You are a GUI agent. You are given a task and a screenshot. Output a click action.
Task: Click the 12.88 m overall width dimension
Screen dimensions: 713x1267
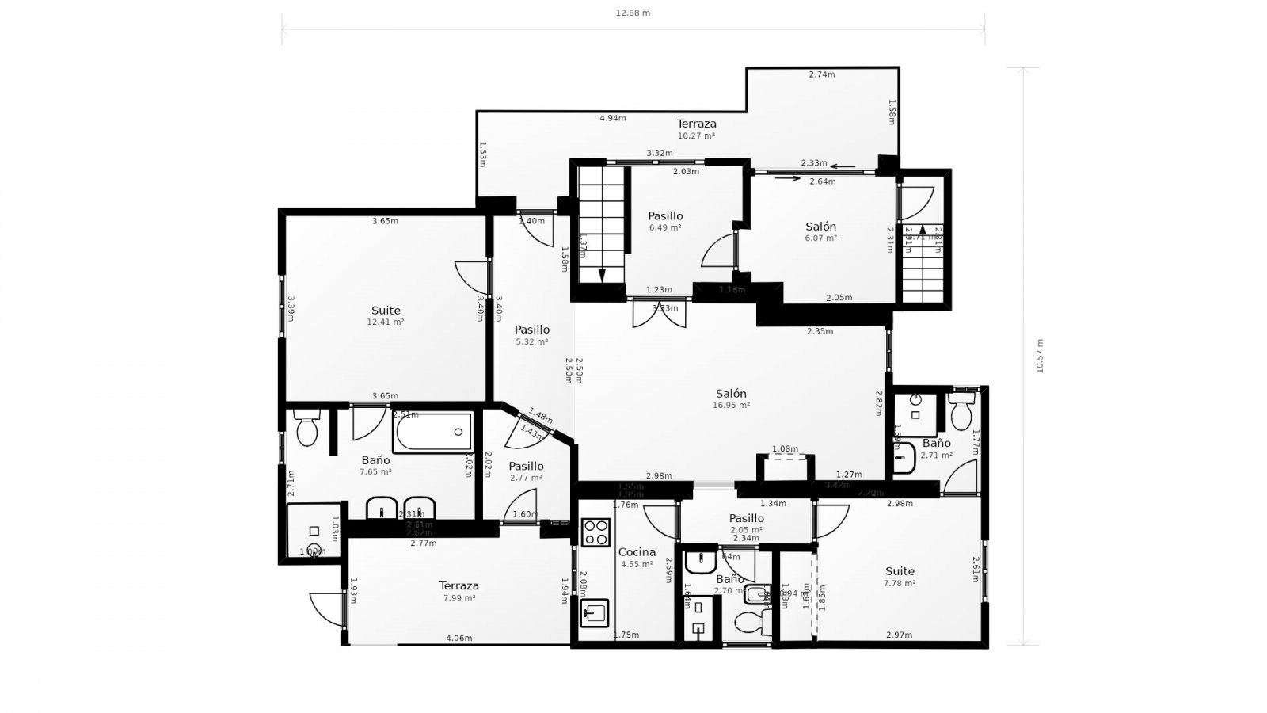633,13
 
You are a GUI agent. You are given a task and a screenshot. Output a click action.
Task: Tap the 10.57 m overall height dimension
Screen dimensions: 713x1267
1040,356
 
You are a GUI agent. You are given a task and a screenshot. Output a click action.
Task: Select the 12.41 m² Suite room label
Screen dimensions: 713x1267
386,315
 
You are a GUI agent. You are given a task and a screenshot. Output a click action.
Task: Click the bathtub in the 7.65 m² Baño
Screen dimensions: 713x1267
432,432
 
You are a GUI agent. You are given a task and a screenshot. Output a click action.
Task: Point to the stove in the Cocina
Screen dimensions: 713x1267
595,532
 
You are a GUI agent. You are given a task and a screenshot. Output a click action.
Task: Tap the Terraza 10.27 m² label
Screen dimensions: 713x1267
696,128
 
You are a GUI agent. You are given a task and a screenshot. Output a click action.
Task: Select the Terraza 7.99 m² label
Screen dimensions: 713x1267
459,591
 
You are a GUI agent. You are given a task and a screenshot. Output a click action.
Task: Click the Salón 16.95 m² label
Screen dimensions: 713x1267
731,398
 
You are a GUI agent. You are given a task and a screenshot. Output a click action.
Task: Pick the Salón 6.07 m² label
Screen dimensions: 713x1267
820,231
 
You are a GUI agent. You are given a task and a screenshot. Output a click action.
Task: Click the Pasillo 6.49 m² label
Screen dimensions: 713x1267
665,220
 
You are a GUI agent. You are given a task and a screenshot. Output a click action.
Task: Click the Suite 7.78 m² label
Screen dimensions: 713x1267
900,576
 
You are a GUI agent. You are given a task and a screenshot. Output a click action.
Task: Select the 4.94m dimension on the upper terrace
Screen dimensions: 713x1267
612,118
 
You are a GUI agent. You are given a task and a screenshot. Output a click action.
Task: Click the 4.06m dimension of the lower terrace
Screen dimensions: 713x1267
458,639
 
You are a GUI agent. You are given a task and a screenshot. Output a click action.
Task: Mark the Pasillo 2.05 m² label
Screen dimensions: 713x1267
746,523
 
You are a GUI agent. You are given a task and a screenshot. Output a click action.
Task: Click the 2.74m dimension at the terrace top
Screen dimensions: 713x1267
822,74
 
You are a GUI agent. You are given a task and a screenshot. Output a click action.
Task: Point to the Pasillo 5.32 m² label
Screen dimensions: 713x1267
531,334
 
